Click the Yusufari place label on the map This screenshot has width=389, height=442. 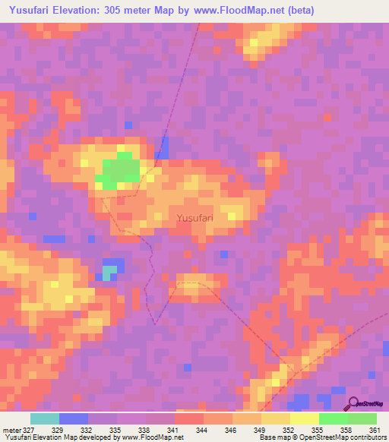(x=194, y=218)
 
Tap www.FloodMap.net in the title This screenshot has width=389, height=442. (x=242, y=10)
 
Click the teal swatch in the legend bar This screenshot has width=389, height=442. (x=45, y=418)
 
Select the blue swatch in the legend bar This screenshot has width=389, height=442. (x=74, y=418)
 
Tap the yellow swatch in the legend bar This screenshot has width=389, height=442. (x=305, y=418)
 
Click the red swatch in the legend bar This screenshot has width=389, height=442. (x=189, y=418)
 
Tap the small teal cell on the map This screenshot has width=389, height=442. (x=111, y=270)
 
